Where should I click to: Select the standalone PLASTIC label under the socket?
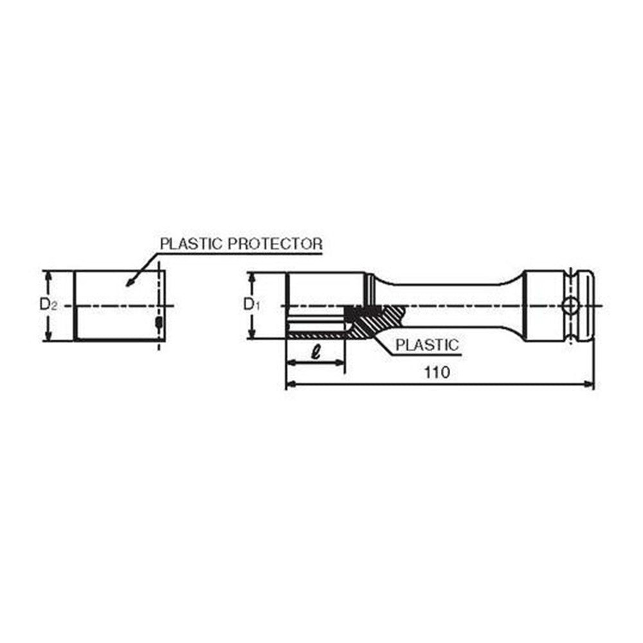(427, 345)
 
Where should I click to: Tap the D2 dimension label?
(48, 305)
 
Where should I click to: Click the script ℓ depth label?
(315, 352)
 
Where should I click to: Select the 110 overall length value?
(437, 372)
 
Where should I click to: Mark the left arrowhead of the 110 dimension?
(289, 385)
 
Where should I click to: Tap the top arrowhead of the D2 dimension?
(47, 275)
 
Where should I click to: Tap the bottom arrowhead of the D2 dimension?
(47, 336)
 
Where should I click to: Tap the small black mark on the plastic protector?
(158, 321)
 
